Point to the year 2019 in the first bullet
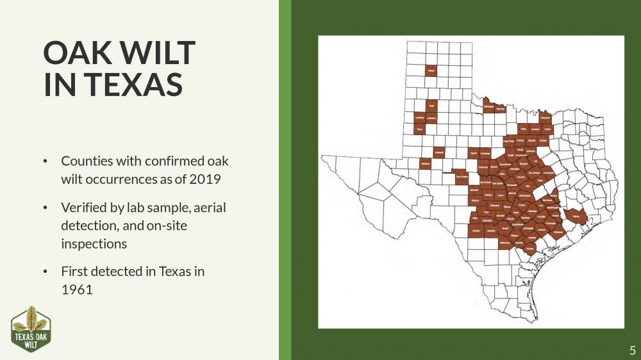(x=205, y=178)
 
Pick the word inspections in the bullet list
(x=94, y=243)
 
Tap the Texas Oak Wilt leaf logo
(x=31, y=329)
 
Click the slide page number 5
(x=632, y=350)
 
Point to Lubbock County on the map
(x=431, y=119)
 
